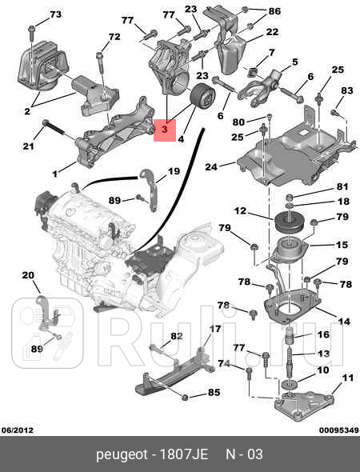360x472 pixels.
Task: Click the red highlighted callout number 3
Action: pos(164,129)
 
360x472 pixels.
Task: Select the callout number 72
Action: pos(114,37)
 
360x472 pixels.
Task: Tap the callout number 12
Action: pos(239,211)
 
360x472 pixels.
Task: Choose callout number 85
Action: pos(214,392)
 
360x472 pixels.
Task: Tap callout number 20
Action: pos(28,276)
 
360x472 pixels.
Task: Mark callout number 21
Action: pos(28,145)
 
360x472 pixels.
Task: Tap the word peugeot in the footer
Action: pos(122,454)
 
